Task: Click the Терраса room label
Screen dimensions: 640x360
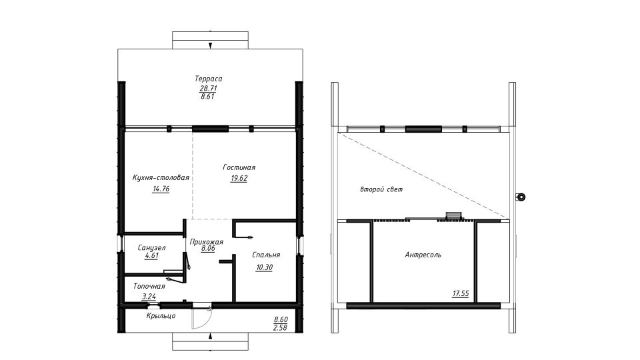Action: click(208, 79)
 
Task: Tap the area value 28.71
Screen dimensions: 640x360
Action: click(208, 88)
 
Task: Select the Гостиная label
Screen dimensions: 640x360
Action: click(239, 167)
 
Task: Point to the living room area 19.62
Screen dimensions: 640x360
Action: click(239, 178)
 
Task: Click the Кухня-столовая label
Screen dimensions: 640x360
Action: click(161, 177)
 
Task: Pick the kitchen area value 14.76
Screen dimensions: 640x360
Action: click(161, 189)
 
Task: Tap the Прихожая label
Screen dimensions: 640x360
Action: click(207, 241)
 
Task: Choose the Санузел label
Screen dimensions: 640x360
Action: click(151, 248)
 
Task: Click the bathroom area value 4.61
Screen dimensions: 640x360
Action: click(151, 256)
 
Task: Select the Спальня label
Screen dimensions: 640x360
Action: click(266, 255)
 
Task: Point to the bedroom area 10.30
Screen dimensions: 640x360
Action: click(264, 267)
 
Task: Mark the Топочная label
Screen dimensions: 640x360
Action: click(149, 286)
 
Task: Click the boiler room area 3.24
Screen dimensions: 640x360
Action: click(149, 297)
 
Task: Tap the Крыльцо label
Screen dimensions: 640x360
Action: click(161, 316)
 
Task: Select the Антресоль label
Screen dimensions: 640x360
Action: click(423, 255)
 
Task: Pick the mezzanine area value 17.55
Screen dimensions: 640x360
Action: click(461, 293)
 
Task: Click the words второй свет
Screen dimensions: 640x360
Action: click(381, 189)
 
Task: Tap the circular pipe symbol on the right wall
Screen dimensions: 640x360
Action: click(521, 197)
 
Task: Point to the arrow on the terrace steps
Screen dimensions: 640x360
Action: click(210, 45)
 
